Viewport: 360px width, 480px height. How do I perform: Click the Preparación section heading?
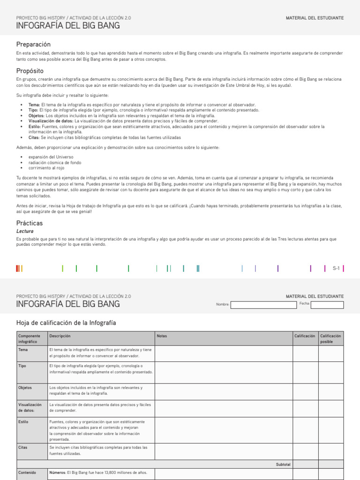(33, 44)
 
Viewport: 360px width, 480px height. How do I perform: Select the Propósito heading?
(30, 71)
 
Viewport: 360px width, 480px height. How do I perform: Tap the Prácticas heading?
(29, 223)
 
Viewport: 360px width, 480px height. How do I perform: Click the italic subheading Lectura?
(25, 231)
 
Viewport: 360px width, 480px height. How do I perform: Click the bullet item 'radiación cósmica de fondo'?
(54, 163)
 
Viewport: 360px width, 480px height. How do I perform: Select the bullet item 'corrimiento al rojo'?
(46, 168)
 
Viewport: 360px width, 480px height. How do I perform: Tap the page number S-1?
(336, 268)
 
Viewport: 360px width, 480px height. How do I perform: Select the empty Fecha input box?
(327, 305)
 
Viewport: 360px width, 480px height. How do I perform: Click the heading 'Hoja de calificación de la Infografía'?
(66, 323)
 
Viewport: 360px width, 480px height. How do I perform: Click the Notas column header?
(162, 336)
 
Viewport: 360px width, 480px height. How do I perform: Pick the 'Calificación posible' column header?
(331, 339)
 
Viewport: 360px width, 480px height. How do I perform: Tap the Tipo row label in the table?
(22, 366)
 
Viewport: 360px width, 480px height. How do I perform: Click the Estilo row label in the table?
(23, 421)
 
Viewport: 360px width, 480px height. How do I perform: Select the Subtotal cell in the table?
(283, 464)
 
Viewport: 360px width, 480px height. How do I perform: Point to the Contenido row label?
(26, 472)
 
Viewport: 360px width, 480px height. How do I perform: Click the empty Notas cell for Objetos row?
(224, 391)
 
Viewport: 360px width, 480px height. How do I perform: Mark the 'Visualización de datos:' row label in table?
(30, 407)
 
